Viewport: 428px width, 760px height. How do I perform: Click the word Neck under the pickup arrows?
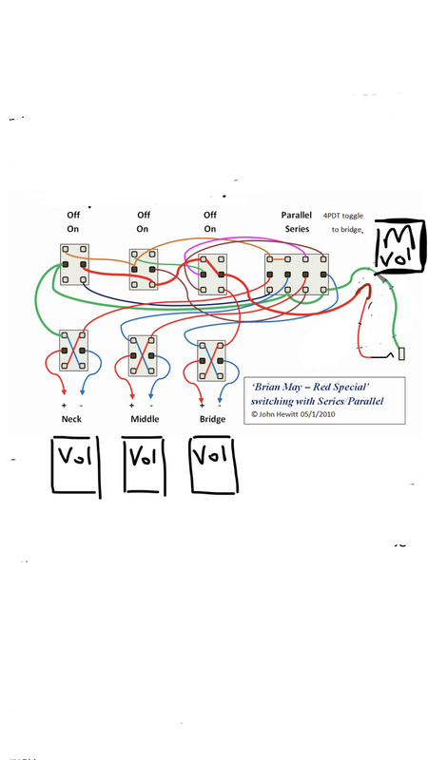click(71, 419)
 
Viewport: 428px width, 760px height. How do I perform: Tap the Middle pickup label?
click(145, 419)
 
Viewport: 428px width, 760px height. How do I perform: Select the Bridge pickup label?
click(212, 419)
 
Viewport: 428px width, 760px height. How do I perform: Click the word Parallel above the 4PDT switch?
click(297, 216)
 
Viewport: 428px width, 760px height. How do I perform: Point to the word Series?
click(297, 229)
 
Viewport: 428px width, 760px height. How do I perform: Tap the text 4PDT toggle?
click(343, 216)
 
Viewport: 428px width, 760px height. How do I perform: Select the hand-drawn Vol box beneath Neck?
click(76, 465)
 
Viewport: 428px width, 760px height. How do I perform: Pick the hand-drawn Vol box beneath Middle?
click(145, 465)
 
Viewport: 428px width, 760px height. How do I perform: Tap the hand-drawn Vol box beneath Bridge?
click(214, 465)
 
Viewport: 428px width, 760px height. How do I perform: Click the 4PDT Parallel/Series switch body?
click(297, 275)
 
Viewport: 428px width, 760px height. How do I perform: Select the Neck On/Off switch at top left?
click(74, 265)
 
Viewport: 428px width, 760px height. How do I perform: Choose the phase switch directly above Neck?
click(74, 351)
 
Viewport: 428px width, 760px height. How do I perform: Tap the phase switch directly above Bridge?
click(211, 361)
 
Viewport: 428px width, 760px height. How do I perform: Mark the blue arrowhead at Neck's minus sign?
click(82, 391)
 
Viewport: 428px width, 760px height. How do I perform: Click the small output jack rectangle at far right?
click(401, 354)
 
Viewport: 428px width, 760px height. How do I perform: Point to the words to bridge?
click(347, 230)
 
